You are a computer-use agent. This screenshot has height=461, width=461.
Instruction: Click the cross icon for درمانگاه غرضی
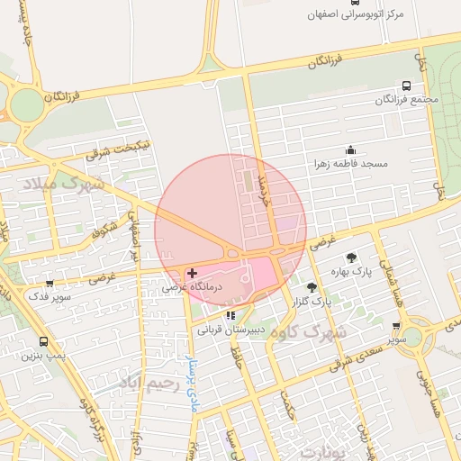(x=192, y=272)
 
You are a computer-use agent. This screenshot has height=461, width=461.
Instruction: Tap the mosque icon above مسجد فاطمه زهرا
(x=350, y=150)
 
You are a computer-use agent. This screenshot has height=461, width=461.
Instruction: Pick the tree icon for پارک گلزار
(x=312, y=287)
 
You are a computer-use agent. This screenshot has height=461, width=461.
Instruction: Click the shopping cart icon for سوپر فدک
(x=49, y=284)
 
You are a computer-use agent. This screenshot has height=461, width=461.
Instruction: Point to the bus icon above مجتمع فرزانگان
(x=406, y=86)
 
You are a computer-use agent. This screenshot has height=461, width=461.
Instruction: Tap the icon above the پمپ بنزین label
(x=43, y=342)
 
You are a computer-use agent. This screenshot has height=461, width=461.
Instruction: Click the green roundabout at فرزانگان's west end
(x=27, y=105)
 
